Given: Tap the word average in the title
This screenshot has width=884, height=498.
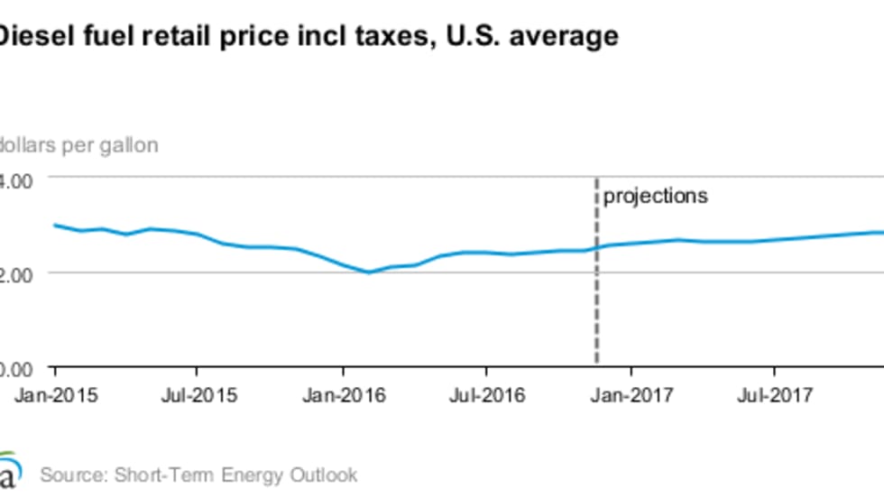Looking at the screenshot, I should point(564,36).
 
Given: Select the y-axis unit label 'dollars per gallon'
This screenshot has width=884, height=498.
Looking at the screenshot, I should point(79,144).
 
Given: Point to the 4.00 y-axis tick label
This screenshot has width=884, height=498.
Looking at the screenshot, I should point(16,179).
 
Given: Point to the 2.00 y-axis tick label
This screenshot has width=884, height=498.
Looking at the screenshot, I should point(16,273).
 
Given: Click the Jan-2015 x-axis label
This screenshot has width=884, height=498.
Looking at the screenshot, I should point(55,394).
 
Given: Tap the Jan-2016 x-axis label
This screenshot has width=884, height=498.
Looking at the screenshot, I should point(343,394).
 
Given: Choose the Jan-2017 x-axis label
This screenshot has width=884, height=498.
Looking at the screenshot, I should point(631,394).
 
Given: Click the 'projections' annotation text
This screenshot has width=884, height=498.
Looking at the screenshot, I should point(656,196).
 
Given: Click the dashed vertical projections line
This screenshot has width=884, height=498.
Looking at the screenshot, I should point(596,298).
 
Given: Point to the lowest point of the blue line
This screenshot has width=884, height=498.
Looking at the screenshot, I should point(368,272).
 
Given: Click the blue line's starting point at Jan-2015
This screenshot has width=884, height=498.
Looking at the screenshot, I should point(55,225).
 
